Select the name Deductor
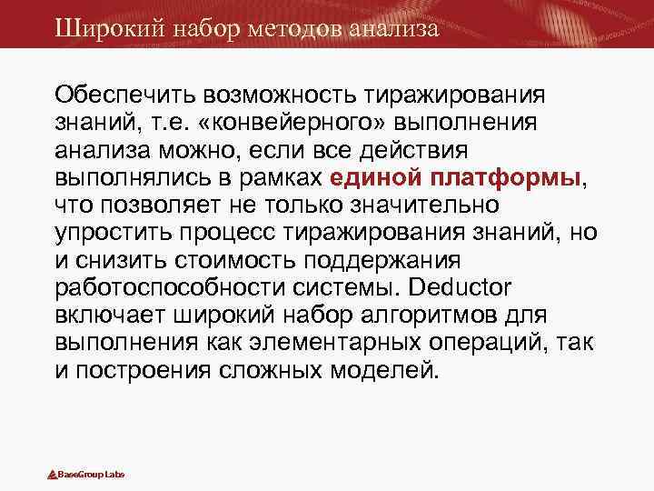click(x=461, y=288)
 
